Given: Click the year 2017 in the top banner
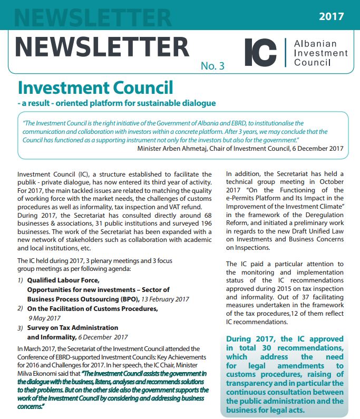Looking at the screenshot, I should (x=331, y=16).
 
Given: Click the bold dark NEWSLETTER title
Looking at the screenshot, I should (x=102, y=47).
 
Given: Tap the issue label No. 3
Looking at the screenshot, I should (x=212, y=66).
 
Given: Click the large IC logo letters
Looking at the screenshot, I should (x=260, y=51).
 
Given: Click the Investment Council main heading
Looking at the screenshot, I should (x=95, y=87).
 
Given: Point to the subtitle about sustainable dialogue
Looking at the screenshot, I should (x=116, y=103).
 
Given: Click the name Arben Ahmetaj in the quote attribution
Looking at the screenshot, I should (x=191, y=149).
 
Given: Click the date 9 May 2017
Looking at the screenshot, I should (x=45, y=318).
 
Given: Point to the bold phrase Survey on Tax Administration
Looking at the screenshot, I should (x=72, y=328).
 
